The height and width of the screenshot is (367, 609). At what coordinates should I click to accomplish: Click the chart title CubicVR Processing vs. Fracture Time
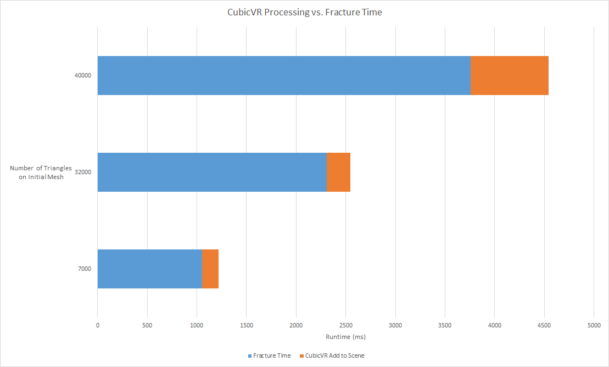(304, 13)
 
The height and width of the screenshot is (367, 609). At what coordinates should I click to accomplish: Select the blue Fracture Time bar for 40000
(284, 75)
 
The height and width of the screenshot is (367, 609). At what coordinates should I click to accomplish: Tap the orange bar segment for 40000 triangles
(510, 75)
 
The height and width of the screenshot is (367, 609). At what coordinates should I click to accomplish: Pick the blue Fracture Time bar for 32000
(212, 172)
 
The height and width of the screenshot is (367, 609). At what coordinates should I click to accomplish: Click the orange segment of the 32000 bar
(338, 172)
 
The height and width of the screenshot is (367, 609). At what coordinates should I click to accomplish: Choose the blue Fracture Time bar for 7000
(149, 269)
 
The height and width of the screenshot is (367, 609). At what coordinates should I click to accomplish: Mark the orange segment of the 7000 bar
(210, 269)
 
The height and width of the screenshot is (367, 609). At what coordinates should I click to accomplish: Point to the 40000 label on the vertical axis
(82, 75)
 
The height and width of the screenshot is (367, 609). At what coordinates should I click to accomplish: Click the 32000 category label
(82, 172)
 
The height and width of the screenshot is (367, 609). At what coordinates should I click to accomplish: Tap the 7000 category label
(84, 269)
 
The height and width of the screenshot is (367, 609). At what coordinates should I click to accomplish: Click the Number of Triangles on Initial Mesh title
(41, 172)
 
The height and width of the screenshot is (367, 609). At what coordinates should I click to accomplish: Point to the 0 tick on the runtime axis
(98, 325)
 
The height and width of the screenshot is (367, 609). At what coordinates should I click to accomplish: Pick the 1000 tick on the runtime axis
(197, 325)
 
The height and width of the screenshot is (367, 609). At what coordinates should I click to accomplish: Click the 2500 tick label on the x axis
(345, 325)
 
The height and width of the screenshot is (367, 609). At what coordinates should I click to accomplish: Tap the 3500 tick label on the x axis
(445, 325)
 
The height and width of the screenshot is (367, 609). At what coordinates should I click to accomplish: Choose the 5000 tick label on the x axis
(594, 325)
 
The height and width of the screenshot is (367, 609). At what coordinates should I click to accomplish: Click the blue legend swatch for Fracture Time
(249, 355)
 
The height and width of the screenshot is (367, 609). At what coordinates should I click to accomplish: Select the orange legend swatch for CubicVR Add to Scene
(301, 355)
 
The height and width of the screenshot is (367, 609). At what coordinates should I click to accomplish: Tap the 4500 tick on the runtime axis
(544, 325)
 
